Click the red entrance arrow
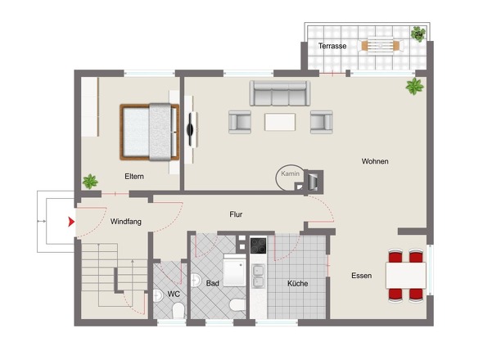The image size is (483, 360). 71,222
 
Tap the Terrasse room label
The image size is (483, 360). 332,46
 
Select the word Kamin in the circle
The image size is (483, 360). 290,173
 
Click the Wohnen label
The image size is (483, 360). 375,161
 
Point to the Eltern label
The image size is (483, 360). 134,177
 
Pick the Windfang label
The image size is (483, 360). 126,222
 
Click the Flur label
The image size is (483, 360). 236,214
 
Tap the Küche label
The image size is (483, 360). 297,283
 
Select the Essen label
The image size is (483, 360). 362,275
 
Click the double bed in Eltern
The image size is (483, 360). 149,132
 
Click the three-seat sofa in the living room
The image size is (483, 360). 280,93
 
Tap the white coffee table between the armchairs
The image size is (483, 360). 280,122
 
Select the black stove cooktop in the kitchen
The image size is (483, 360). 258,245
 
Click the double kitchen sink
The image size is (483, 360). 258,276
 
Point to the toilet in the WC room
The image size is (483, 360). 178,310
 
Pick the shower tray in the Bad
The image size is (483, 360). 234,270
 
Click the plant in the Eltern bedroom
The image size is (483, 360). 90,182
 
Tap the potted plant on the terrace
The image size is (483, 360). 418,34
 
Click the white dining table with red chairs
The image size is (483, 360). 406,275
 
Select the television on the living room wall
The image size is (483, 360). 192,129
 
